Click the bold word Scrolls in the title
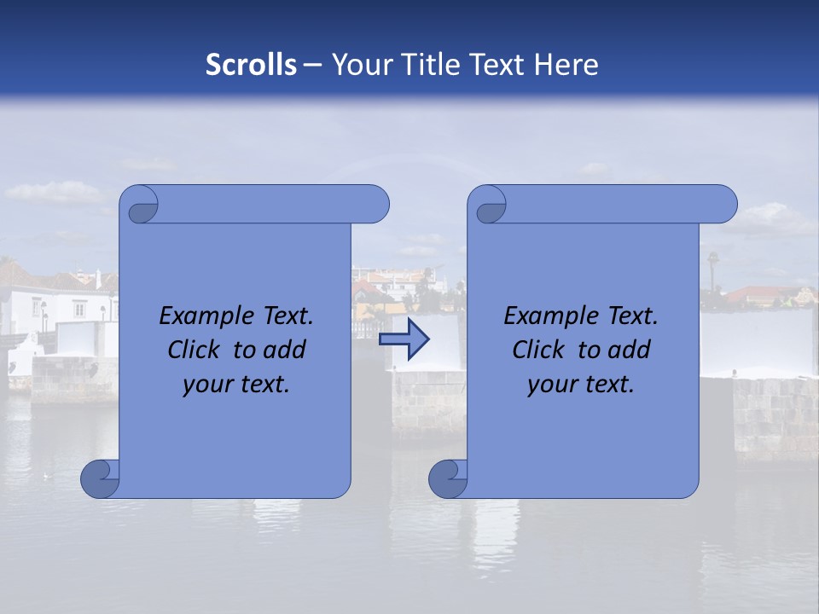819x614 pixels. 251,65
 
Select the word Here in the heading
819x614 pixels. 566,65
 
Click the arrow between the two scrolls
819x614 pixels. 404,339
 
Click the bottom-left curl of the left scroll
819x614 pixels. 99,479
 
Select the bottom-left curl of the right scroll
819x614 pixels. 447,479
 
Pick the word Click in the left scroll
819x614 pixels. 193,350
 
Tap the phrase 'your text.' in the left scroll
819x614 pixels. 235,384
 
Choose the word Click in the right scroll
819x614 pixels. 537,350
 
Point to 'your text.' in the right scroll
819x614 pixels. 580,384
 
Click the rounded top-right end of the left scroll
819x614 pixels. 375,205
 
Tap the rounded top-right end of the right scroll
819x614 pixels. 723,205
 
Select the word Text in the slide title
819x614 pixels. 498,65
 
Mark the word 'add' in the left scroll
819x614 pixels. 285,350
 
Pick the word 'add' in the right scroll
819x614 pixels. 630,350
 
